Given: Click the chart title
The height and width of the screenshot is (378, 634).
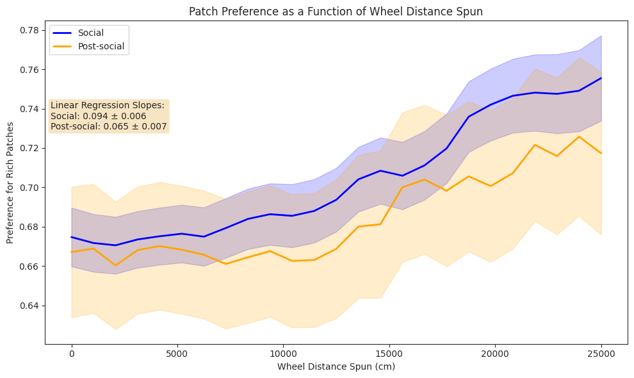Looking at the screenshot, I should tap(336, 11).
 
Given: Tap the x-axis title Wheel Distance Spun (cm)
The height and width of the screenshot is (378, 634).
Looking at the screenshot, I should tap(336, 367).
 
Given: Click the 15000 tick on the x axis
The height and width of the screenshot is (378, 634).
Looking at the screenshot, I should tap(389, 354).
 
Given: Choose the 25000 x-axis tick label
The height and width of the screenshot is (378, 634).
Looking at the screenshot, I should tap(601, 354).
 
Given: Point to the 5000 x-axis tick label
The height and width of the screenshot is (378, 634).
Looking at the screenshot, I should tap(177, 354).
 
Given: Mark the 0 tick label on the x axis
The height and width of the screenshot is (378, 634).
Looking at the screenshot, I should tap(72, 354).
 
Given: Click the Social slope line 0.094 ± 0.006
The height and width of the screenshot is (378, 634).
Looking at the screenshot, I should tap(98, 116).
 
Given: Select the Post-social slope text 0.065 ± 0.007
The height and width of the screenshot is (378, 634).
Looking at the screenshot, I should tap(108, 127).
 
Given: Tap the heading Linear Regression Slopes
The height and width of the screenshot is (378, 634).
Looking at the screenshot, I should tap(108, 105).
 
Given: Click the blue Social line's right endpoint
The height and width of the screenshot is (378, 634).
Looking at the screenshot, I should tap(601, 78).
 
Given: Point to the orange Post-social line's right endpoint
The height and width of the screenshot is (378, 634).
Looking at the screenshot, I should tap(601, 153).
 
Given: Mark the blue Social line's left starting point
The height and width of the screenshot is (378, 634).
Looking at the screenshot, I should tap(72, 237).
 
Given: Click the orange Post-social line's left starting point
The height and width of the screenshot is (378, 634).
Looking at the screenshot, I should tap(72, 252).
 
